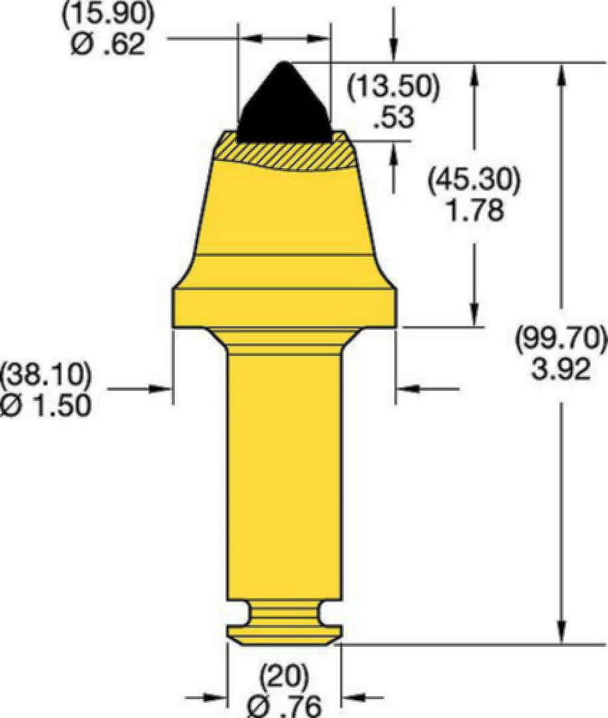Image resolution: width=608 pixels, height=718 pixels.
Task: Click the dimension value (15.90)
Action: [108, 15]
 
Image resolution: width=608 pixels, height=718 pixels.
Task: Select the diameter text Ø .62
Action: [108, 45]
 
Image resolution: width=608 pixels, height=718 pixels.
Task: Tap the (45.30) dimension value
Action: [475, 180]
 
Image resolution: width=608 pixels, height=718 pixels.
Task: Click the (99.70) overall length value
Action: [561, 339]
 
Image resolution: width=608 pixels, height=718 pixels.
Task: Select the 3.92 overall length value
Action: [561, 369]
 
